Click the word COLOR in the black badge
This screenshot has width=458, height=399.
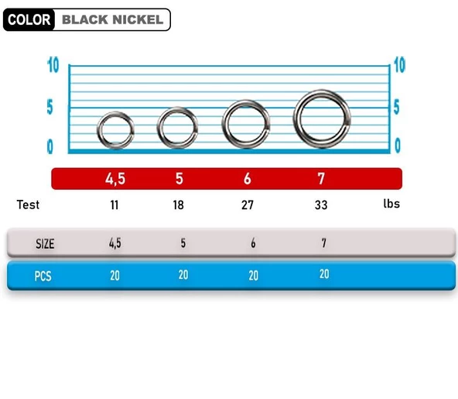[29, 19]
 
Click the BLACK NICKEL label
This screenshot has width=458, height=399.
[112, 19]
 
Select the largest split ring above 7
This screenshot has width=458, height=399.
[322, 118]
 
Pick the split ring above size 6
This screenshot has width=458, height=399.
[246, 123]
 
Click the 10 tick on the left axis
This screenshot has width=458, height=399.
[53, 65]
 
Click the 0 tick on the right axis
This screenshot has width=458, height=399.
[397, 145]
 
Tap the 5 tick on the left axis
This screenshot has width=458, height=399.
[51, 107]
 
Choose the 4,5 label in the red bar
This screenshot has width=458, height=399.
[115, 179]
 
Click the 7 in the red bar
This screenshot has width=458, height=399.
[321, 179]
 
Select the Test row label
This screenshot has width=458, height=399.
[28, 205]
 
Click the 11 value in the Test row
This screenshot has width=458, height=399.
[114, 205]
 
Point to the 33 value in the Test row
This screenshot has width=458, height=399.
[321, 205]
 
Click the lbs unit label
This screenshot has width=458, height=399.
[391, 205]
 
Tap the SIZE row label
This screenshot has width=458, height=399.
[45, 243]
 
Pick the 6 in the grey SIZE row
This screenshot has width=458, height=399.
[253, 243]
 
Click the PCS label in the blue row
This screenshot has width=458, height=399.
[43, 276]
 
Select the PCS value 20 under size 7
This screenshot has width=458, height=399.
[323, 274]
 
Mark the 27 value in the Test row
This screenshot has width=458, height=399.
[248, 205]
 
